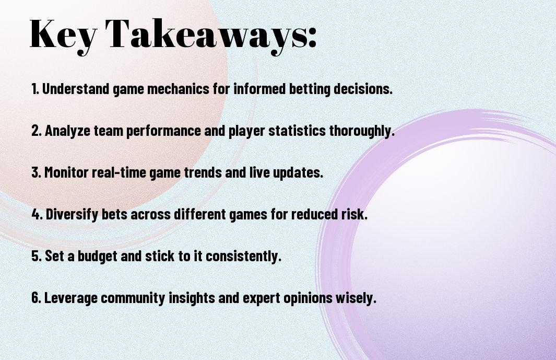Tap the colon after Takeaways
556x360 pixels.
(x=312, y=37)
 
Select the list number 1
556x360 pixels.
(x=35, y=89)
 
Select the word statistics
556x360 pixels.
(x=297, y=131)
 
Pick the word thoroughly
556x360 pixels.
(x=362, y=131)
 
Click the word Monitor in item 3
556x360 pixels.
(x=66, y=172)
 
